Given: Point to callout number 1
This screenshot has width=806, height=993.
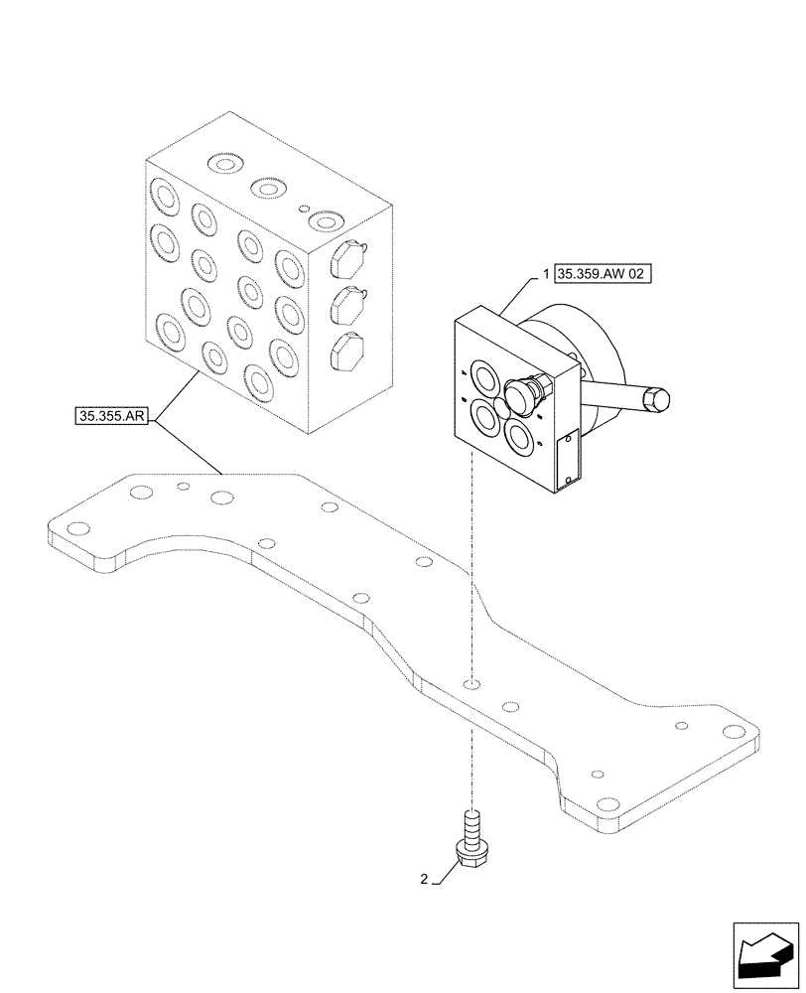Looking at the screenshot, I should (x=545, y=274).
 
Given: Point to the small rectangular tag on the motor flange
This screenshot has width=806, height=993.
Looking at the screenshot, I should (x=568, y=458).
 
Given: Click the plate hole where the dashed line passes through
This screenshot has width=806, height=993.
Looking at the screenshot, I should (x=473, y=683).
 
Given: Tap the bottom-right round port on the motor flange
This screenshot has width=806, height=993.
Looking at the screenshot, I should (x=522, y=434).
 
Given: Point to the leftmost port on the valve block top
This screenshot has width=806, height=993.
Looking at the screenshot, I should (x=221, y=163).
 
